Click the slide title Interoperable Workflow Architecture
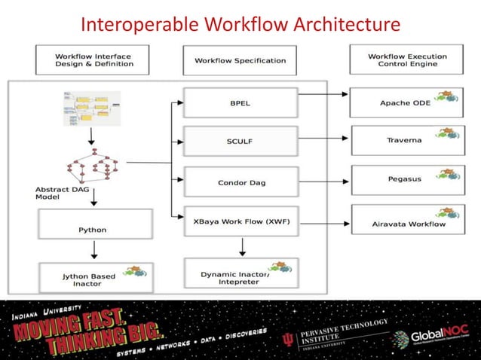click(x=240, y=25)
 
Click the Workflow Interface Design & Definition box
click(x=93, y=59)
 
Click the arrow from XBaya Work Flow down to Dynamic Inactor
click(x=241, y=247)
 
